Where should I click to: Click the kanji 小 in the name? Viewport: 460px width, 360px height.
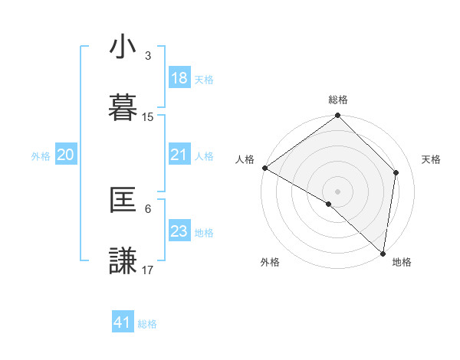tap(123, 48)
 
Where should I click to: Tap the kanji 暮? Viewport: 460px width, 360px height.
tap(123, 106)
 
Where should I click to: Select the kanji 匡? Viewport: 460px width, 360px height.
tap(123, 201)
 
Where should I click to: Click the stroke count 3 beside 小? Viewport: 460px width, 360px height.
tap(148, 55)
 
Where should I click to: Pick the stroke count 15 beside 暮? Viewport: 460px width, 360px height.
tap(148, 117)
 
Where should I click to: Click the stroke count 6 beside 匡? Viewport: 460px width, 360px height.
tap(148, 208)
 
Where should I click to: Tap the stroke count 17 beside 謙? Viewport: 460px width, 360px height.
tap(148, 270)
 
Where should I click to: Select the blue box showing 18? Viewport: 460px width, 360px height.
tap(179, 78)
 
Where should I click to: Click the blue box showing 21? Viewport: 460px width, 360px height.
tap(179, 155)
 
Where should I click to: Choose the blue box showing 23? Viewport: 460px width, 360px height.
tap(179, 231)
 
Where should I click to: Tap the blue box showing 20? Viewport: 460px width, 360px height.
tap(66, 155)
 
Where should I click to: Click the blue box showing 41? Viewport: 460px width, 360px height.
tap(123, 322)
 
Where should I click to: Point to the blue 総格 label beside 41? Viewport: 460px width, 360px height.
tap(147, 324)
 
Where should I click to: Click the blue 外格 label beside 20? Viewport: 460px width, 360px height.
tap(41, 156)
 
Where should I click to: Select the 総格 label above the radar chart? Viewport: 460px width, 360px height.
tap(338, 100)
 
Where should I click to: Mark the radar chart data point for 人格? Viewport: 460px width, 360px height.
tap(264, 168)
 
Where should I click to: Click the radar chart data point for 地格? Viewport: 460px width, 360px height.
tap(383, 253)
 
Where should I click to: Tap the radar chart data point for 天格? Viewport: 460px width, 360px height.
tap(396, 172)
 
